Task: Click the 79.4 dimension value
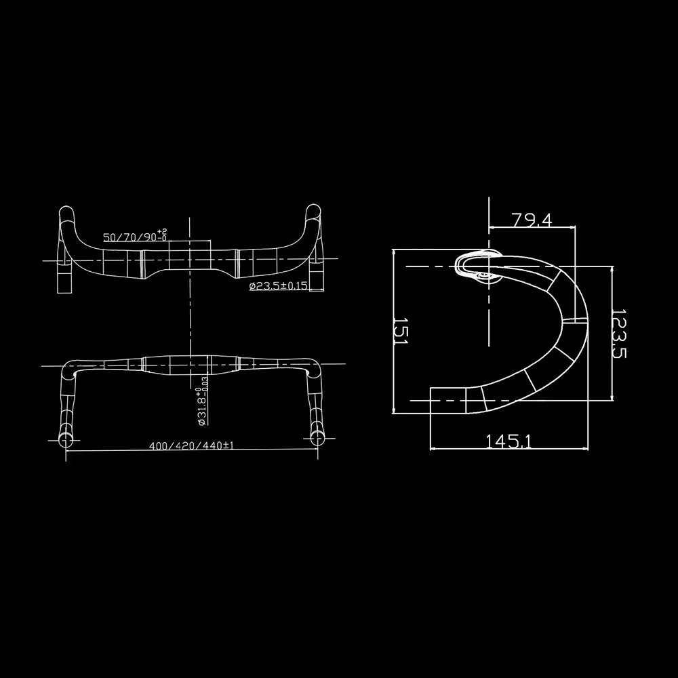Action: click(532, 220)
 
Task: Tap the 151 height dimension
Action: click(400, 332)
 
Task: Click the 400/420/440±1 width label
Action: click(192, 446)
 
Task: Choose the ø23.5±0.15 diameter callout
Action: click(279, 287)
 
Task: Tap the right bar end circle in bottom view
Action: click(318, 437)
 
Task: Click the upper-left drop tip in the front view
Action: click(66, 212)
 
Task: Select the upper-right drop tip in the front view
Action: click(313, 212)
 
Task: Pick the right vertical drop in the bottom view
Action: click(316, 400)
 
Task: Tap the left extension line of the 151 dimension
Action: click(394, 332)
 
